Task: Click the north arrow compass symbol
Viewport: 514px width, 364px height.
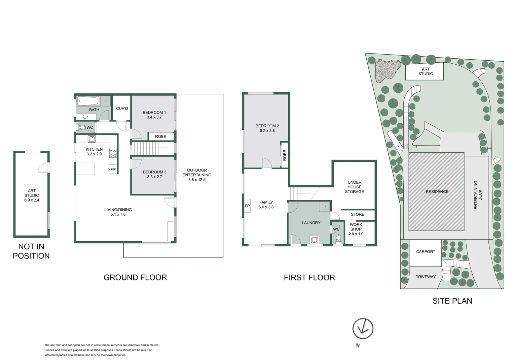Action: [x=363, y=328]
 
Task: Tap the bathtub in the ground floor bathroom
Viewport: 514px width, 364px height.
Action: [x=88, y=101]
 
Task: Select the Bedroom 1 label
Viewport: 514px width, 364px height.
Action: [x=154, y=113]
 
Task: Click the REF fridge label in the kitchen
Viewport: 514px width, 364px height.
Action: [x=113, y=170]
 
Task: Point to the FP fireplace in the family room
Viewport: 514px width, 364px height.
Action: [x=247, y=206]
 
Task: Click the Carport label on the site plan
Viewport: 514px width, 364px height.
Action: [x=426, y=252]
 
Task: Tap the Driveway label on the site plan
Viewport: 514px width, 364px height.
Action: [x=425, y=277]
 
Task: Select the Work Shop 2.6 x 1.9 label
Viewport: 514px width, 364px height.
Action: [x=356, y=229]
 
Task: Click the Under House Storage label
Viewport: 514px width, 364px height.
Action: [x=355, y=187]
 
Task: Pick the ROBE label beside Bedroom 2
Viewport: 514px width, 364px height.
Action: [x=285, y=155]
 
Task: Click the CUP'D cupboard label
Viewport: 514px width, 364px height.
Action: [x=122, y=109]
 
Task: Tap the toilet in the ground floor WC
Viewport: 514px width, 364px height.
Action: [x=82, y=127]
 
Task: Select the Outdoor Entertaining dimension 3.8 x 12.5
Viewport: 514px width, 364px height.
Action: [x=197, y=180]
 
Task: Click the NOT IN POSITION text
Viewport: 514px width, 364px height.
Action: [x=31, y=251]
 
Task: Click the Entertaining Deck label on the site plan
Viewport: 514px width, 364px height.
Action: [x=478, y=195]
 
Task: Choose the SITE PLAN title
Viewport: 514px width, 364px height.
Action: [x=452, y=301]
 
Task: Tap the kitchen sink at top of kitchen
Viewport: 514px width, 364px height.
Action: [x=91, y=139]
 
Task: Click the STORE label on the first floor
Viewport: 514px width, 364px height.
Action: [x=357, y=214]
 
